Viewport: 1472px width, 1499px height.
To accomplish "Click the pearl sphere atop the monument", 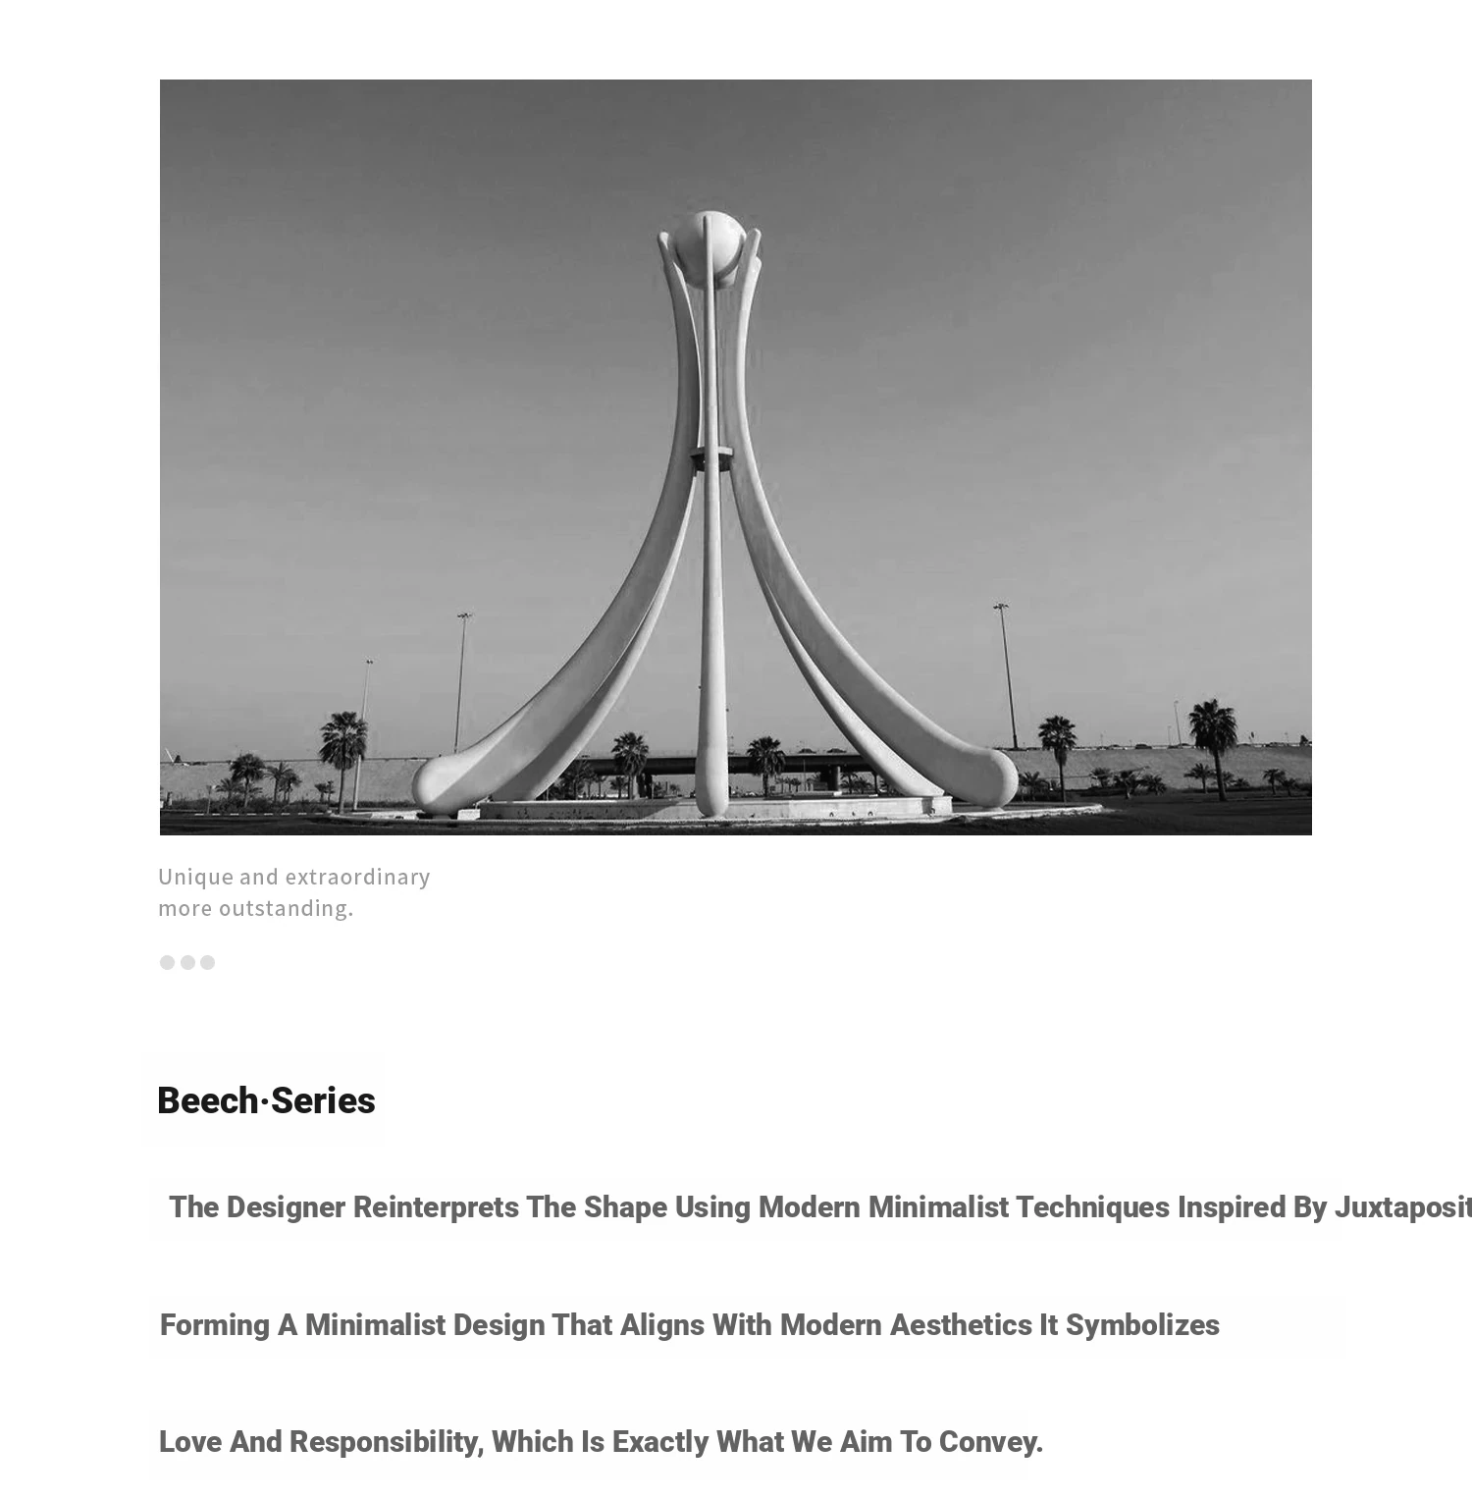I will [x=709, y=241].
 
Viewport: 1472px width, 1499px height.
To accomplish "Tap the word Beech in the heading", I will [x=207, y=1101].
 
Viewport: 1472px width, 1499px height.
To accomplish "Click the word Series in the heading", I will [x=323, y=1101].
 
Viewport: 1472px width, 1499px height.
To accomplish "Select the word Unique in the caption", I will [x=195, y=877].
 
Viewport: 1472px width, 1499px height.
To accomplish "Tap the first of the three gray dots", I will [x=167, y=962].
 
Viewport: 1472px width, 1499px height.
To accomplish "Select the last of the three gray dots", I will [x=207, y=962].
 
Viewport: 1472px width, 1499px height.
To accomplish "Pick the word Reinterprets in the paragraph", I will [x=436, y=1207].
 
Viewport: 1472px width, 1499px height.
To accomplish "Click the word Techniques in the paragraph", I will [x=1092, y=1207].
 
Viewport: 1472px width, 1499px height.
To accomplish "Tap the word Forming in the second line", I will [x=215, y=1325].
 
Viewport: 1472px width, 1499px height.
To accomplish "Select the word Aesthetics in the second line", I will [x=961, y=1325].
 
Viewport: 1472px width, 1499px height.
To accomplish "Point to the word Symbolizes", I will [x=1142, y=1325].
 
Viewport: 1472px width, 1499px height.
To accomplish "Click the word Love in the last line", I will [x=190, y=1442].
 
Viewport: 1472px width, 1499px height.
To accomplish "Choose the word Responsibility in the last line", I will [x=387, y=1442].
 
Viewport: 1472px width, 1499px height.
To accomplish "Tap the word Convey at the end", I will [x=990, y=1442].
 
